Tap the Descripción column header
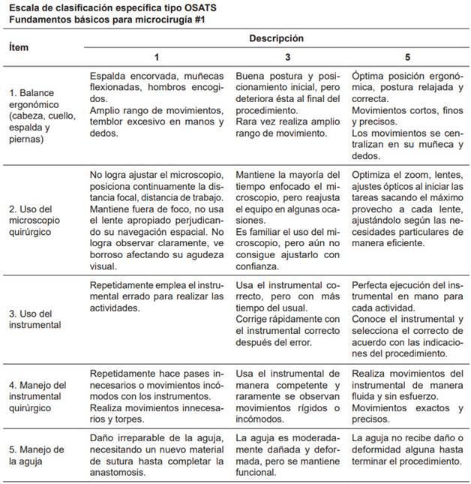pos(276,38)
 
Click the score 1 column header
pos(156,56)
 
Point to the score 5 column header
pos(407,56)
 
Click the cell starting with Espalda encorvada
pos(156,106)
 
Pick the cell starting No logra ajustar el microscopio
pos(156,218)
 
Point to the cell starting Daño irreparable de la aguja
pos(156,455)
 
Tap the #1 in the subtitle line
pos(199,19)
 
